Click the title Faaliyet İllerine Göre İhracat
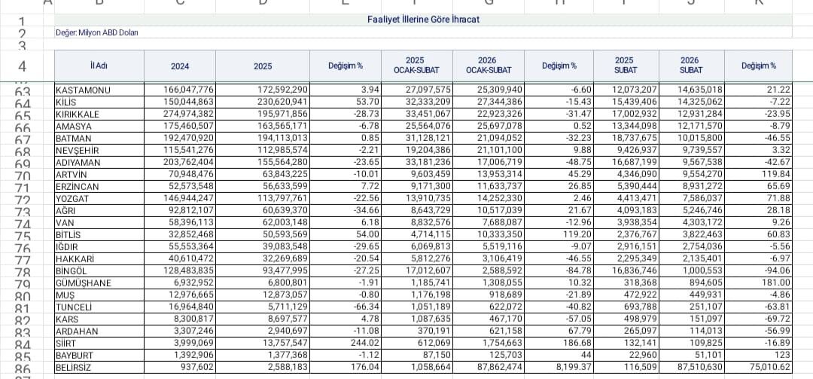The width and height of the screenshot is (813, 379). coord(422,19)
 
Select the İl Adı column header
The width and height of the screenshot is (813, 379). coord(99,66)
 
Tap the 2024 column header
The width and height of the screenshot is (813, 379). coord(180,66)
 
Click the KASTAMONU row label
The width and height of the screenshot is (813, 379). coord(84,90)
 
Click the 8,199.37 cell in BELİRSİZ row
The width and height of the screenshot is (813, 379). coord(556,367)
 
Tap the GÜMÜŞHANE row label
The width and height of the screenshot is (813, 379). coord(84,283)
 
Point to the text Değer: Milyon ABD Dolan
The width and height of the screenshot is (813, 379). coord(97,32)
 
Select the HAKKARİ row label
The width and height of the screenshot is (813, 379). coord(74,258)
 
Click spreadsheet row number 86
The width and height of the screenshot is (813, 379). coord(23,368)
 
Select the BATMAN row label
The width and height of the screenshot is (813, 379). coord(74,138)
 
